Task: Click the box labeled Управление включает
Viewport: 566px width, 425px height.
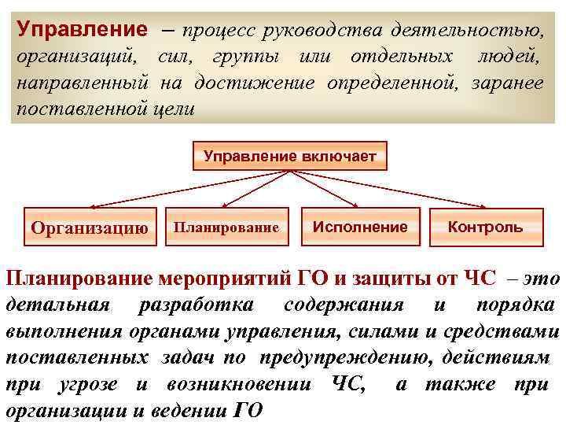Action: coord(284,156)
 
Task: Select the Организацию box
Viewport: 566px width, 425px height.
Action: coord(90,228)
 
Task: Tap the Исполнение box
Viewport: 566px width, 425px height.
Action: coord(360,227)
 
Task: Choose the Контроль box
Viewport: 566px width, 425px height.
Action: coord(485,227)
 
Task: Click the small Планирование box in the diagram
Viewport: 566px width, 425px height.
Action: coord(226,227)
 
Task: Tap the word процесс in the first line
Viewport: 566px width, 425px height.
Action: coord(219,31)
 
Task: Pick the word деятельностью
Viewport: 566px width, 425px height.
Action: coord(471,31)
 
